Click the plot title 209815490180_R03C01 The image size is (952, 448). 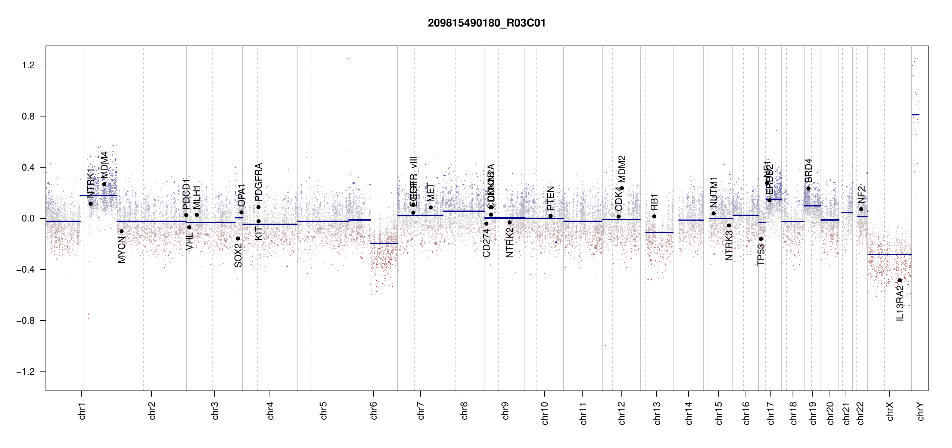point(486,23)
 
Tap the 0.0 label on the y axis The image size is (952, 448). point(28,218)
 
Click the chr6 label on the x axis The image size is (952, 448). point(374,411)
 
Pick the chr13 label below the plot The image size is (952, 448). point(657,413)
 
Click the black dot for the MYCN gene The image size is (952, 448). point(121,231)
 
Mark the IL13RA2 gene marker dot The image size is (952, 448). point(900,280)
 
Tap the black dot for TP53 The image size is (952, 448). point(761,239)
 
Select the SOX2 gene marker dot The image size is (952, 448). point(238,239)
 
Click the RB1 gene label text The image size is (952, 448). point(654,202)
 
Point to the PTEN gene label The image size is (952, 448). point(550,198)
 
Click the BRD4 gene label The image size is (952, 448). point(808,171)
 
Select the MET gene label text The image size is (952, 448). point(431,192)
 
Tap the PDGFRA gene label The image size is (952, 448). point(258,180)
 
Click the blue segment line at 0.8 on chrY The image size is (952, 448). point(915,115)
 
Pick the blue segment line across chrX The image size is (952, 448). point(889,254)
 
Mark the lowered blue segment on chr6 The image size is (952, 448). point(384,243)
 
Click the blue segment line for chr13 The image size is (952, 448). point(659,232)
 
